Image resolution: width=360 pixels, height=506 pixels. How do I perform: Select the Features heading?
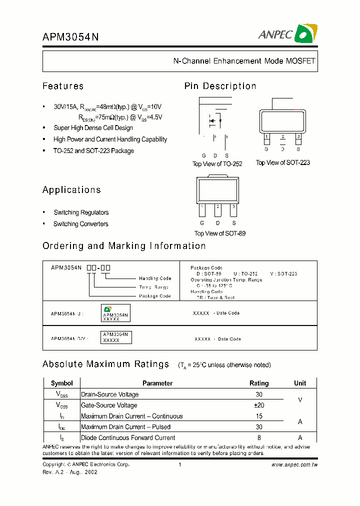pos(63,86)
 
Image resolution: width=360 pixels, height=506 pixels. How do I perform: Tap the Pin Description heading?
pos(220,86)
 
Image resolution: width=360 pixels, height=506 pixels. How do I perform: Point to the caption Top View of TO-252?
pos(217,164)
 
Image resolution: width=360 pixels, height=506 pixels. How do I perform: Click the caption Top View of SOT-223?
pos(282,162)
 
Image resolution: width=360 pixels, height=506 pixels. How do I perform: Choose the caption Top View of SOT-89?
pos(220,233)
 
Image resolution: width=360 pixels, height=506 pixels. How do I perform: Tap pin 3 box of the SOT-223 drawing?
pos(298,136)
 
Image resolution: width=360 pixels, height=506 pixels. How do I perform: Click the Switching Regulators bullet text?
pos(81,212)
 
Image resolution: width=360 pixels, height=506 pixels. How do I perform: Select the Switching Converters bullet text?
pos(81,224)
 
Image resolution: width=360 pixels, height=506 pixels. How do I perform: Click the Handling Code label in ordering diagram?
pos(155,278)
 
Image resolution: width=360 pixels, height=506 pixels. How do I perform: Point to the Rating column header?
pos(259,383)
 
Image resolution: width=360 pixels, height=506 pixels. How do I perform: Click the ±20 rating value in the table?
pos(259,405)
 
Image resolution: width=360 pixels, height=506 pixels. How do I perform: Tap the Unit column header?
pos(300,383)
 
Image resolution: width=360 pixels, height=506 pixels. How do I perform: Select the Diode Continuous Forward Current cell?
pos(128,438)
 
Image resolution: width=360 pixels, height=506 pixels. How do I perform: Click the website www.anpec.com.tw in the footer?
pos(294,465)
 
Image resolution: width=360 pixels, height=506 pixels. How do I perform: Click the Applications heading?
pos(71,190)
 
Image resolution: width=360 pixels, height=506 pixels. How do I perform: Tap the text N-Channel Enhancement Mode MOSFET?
pos(244,61)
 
